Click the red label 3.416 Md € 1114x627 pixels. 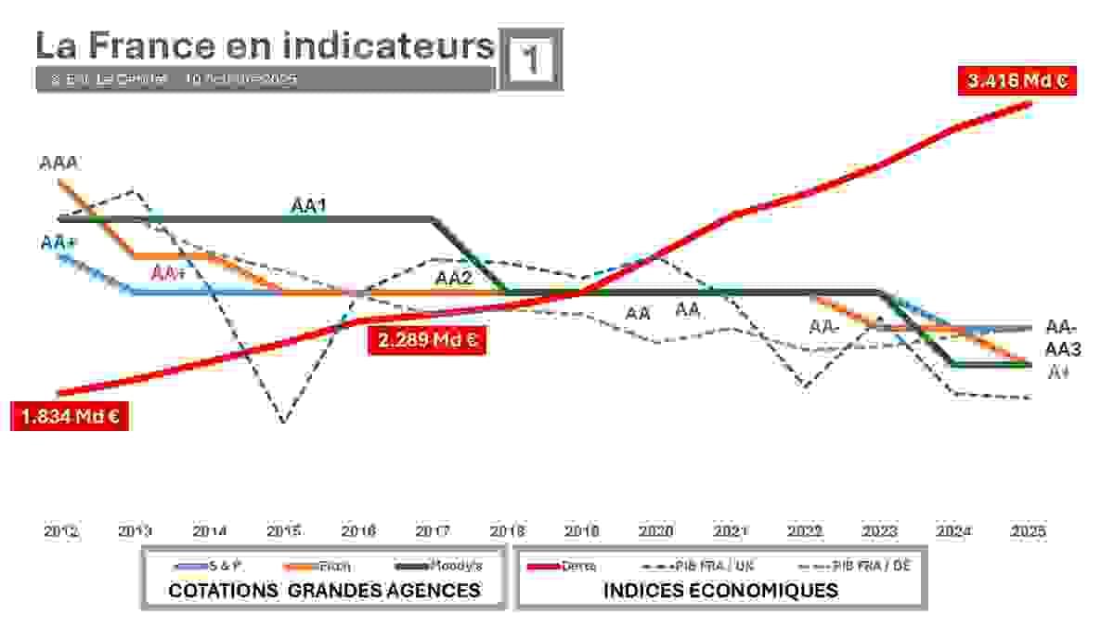tap(1017, 81)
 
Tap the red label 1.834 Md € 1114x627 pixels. tap(68, 416)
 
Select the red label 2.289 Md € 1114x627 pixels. tap(427, 340)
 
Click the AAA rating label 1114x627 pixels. tap(58, 163)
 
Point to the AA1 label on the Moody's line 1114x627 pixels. tap(308, 205)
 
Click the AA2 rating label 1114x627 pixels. tap(454, 277)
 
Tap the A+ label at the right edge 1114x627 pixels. tap(1058, 372)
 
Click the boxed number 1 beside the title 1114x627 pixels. tap(531, 59)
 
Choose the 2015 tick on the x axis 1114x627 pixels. tap(284, 532)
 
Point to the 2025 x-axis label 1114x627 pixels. tap(1029, 532)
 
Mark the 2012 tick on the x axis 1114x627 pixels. tap(60, 532)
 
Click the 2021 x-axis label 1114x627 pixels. tap(731, 532)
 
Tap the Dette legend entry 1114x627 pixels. tap(578, 566)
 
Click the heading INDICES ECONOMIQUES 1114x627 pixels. tap(720, 590)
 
